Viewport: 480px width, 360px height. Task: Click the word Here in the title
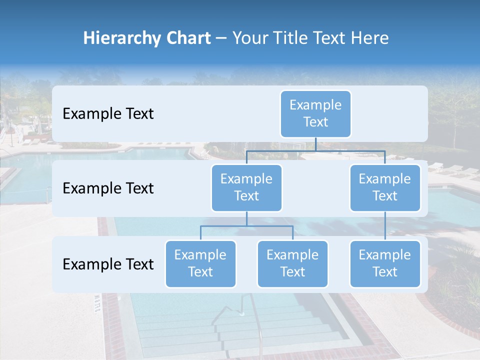pos(369,38)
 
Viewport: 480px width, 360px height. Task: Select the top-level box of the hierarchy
pos(315,114)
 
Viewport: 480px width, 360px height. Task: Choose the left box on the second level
pos(246,188)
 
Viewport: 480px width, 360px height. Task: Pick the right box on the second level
pos(385,188)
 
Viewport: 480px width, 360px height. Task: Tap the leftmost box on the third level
pos(200,263)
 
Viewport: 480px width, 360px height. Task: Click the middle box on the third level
pos(292,263)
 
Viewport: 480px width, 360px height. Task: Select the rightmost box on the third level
pos(385,263)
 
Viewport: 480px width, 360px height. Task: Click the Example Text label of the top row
pos(108,114)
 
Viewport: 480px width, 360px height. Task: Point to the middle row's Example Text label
pos(108,188)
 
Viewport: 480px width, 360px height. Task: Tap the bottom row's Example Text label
pos(108,264)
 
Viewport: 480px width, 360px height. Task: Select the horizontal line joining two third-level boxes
pos(225,226)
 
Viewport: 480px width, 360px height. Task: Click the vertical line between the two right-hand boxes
pos(385,226)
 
